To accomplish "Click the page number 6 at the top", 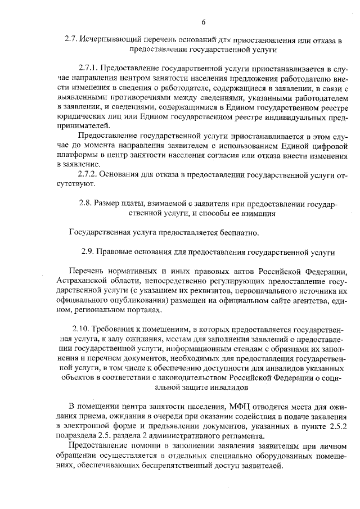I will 204,21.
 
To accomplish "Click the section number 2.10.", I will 82,328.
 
